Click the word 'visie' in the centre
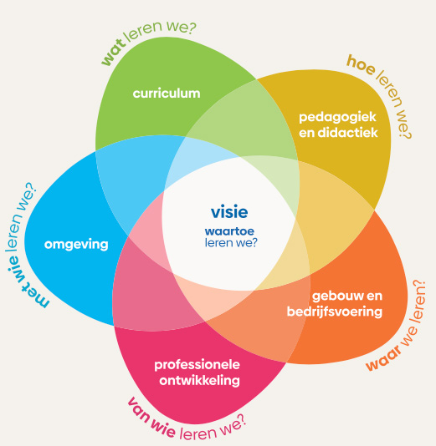point(228,212)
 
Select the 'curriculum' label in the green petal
point(167,94)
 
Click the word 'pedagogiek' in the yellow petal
point(339,117)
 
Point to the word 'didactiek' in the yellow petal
point(351,132)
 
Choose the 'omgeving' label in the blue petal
point(77,245)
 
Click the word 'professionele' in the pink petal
point(197,365)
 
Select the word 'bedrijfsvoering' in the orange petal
point(346,312)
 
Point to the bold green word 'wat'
point(114,53)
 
